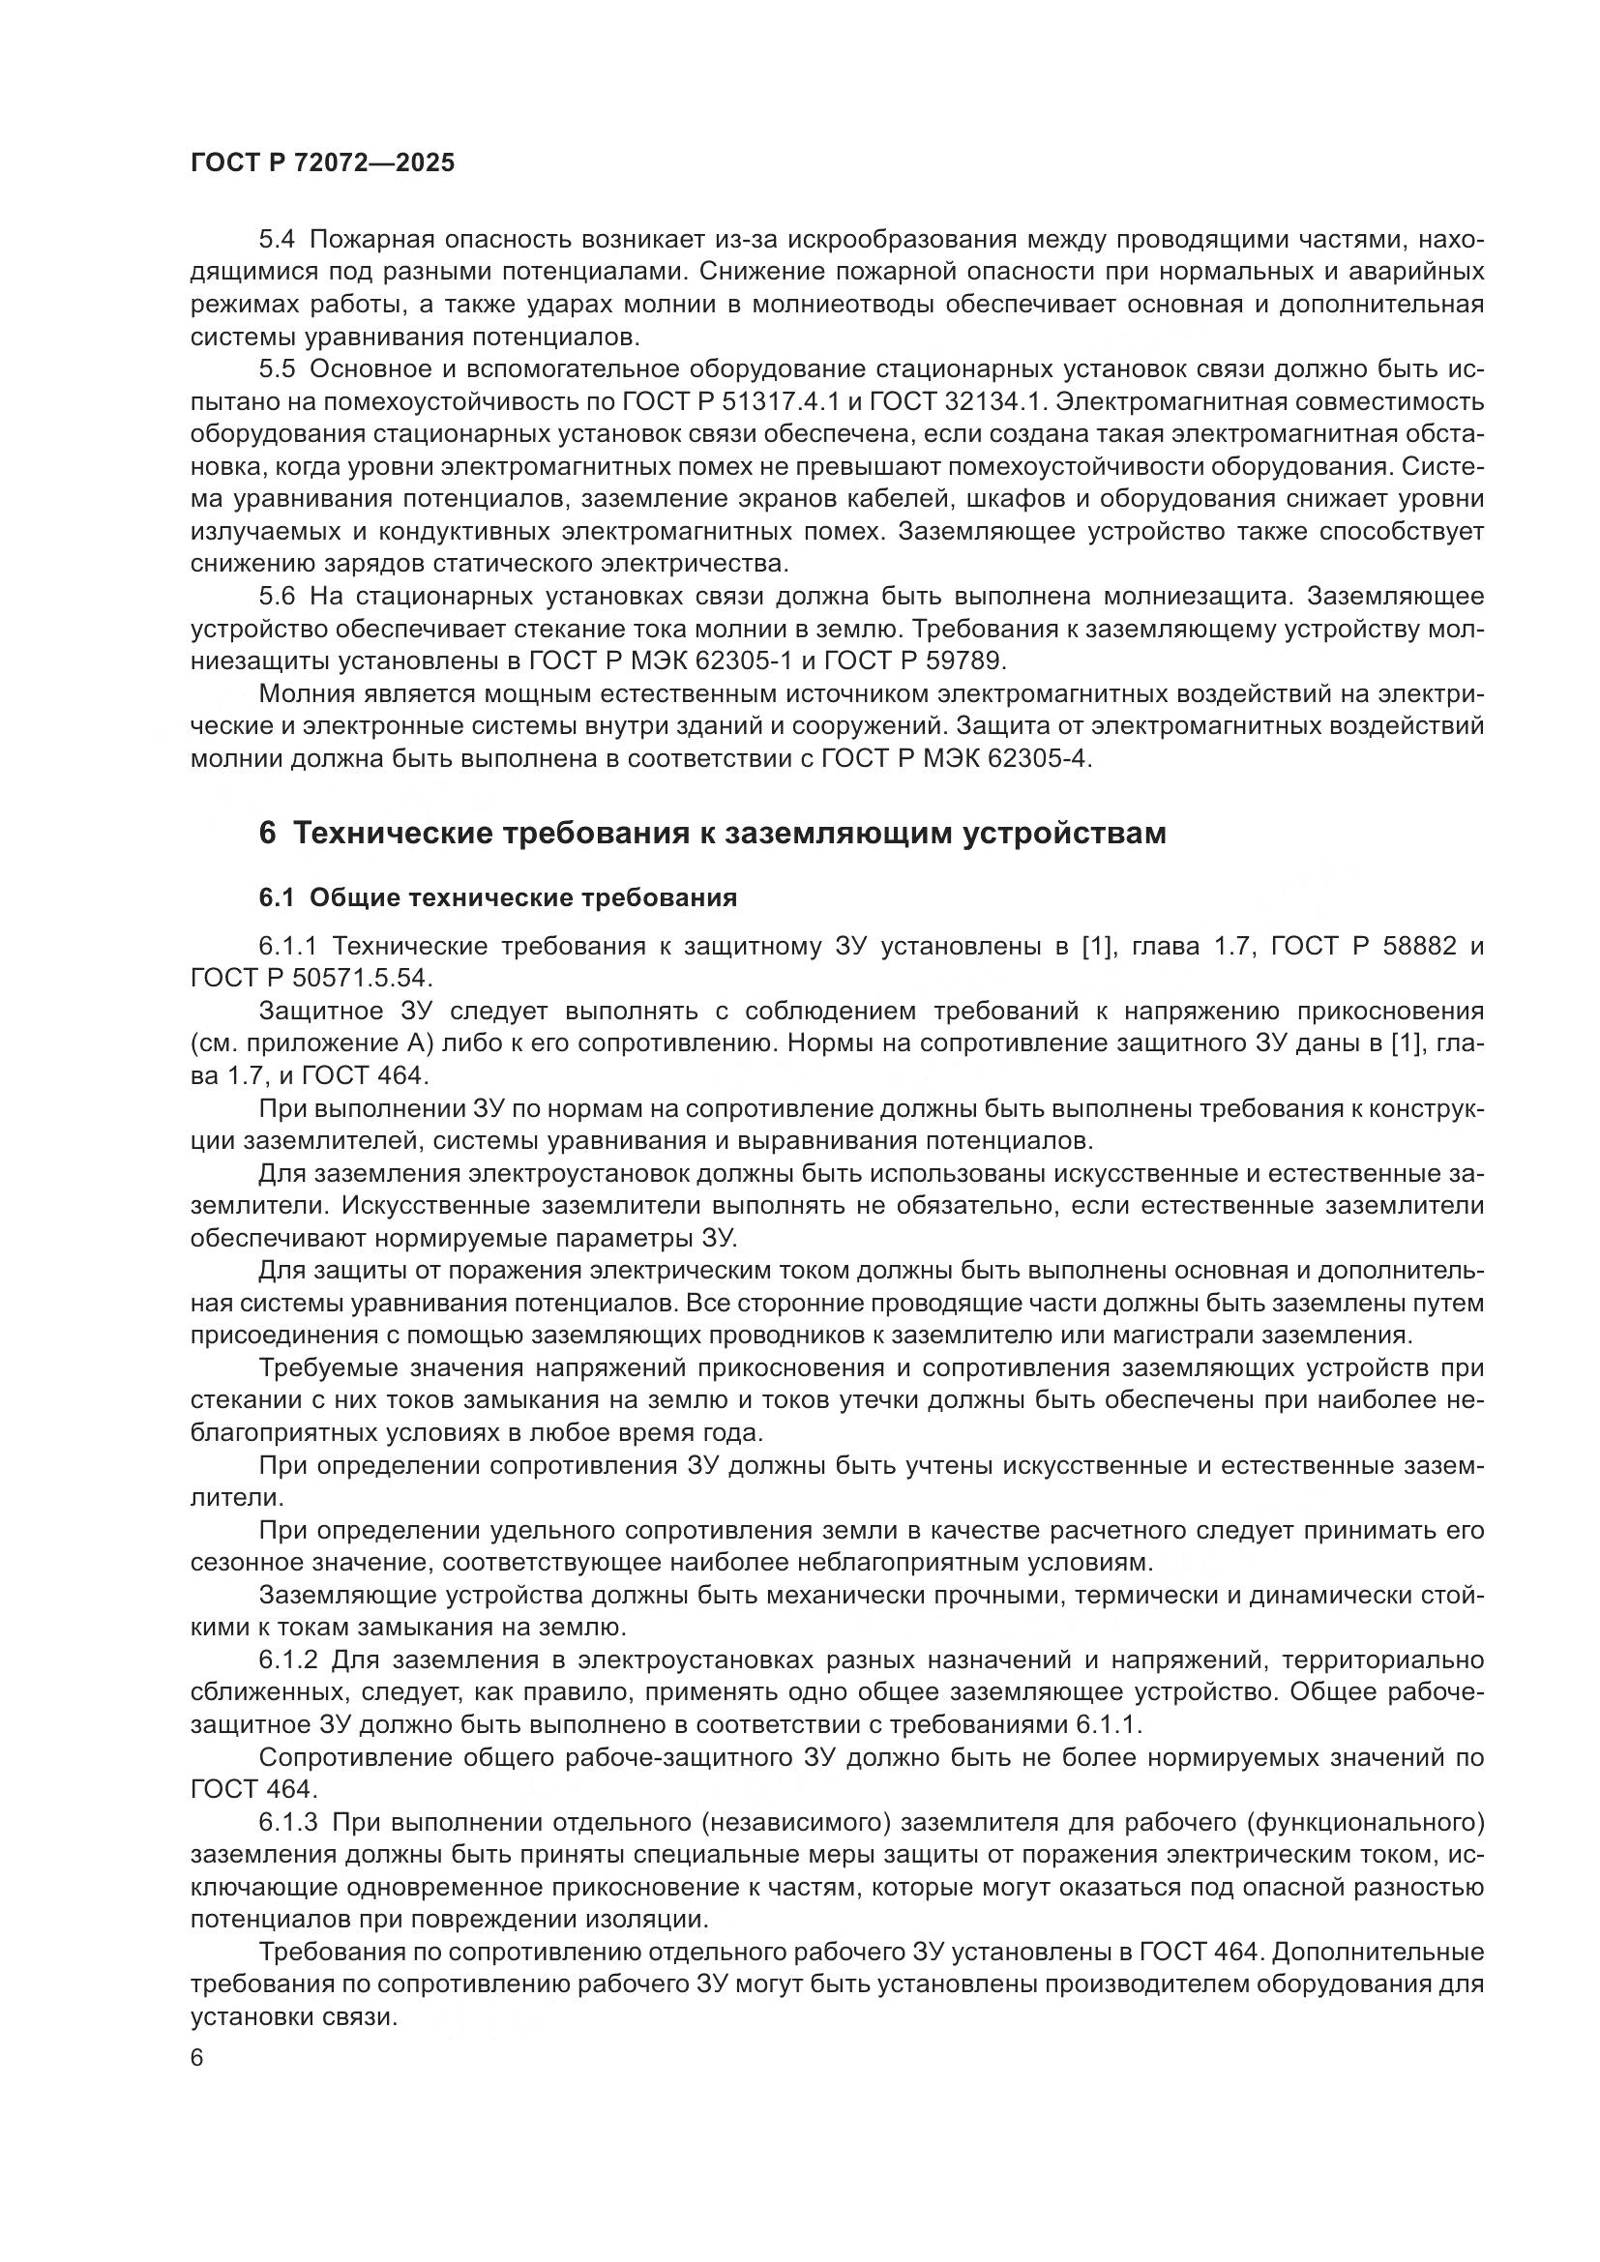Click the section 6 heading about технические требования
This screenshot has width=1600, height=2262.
(712, 834)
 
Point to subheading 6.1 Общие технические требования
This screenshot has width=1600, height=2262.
(497, 897)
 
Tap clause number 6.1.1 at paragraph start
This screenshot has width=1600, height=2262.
(287, 946)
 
